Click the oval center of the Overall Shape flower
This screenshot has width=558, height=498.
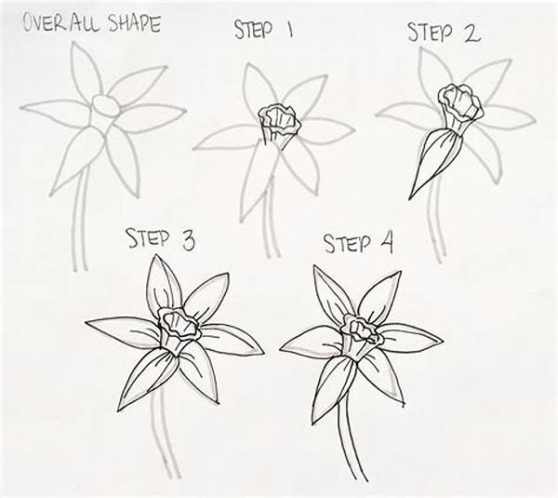click(x=107, y=106)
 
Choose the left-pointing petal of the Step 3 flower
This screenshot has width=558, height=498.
click(x=121, y=330)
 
